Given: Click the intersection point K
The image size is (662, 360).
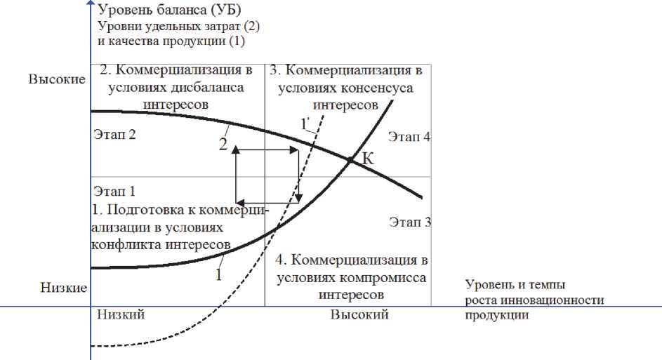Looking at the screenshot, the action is click(x=350, y=161).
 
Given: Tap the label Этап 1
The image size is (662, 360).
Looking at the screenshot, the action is click(x=113, y=190).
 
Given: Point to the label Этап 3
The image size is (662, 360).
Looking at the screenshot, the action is click(x=409, y=222).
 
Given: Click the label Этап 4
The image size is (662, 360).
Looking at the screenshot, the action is click(x=409, y=138).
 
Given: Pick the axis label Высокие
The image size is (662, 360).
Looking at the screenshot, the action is click(x=56, y=79).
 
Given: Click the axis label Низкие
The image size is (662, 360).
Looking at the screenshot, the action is click(x=62, y=287).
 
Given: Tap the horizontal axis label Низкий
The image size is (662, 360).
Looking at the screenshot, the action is click(x=121, y=314).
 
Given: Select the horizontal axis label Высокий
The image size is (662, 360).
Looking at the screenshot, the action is click(x=359, y=314).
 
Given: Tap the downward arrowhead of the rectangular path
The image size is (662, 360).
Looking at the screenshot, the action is click(x=298, y=197).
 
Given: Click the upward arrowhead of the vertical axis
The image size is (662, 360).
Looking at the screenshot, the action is click(x=91, y=4).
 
